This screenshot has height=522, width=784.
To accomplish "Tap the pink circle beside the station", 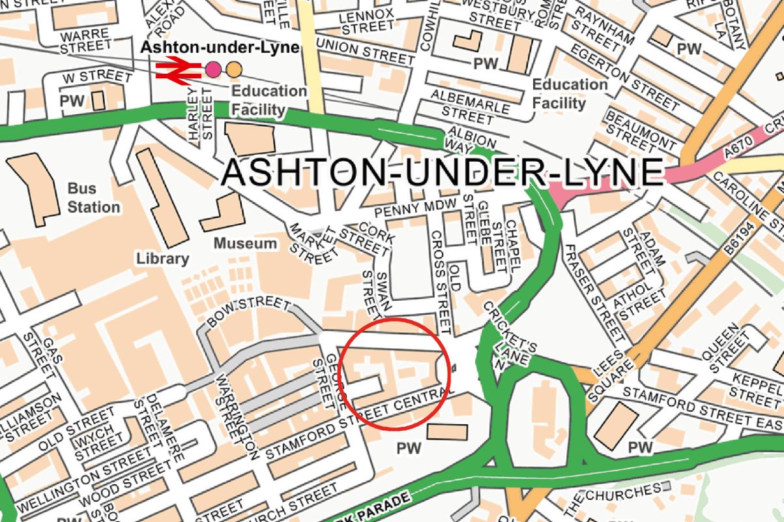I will tap(212, 69).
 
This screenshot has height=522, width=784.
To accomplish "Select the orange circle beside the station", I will tap(234, 69).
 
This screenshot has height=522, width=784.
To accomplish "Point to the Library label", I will tap(162, 258).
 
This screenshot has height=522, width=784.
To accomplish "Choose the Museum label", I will tap(246, 243).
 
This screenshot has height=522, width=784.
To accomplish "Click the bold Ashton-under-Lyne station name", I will tap(220, 48).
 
